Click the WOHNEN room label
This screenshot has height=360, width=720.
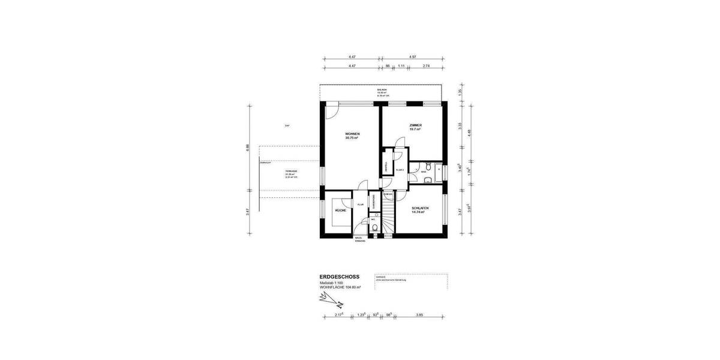(x=352, y=135)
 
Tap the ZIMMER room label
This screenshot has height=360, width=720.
(x=416, y=127)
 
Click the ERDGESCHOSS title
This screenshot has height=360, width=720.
(x=340, y=277)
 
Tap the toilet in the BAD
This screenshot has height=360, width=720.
(x=427, y=166)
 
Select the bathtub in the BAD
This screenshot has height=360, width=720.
(x=439, y=172)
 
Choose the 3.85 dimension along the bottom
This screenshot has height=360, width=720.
(x=420, y=314)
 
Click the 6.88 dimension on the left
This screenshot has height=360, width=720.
(x=248, y=147)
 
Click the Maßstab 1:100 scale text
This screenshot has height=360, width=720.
(x=332, y=283)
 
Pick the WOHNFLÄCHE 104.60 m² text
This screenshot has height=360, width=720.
(x=340, y=288)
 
